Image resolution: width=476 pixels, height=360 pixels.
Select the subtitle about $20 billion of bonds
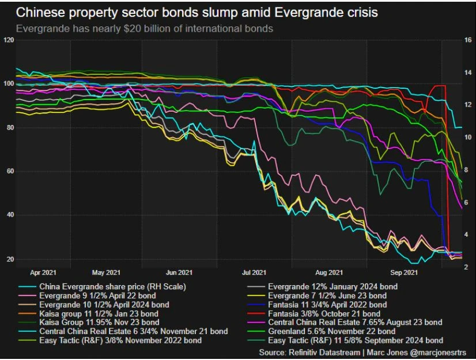tap(144, 28)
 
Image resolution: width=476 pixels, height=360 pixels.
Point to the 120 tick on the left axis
tap(8, 40)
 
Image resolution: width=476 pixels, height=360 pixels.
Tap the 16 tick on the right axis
tap(467, 40)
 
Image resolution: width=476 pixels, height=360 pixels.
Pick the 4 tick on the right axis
tap(467, 235)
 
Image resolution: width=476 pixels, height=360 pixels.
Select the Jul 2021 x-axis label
tap(254, 272)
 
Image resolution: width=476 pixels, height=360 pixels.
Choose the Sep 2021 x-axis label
tap(404, 272)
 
